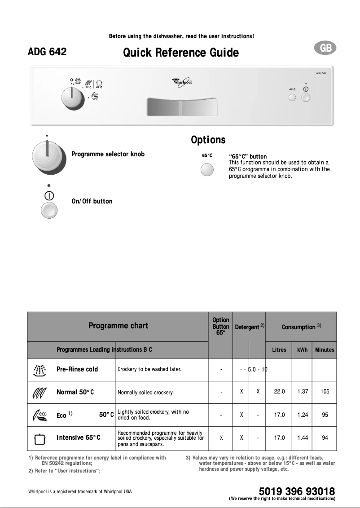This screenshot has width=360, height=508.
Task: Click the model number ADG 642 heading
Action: (47, 52)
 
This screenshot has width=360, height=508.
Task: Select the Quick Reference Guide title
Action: (181, 53)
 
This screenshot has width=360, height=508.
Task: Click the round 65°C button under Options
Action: (207, 171)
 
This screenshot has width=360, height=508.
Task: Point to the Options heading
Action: (208, 140)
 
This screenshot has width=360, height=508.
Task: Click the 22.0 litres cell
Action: (279, 392)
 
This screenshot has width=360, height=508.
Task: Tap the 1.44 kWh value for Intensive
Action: (303, 437)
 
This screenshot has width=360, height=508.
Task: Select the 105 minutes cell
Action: (325, 392)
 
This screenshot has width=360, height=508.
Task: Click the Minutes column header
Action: (325, 350)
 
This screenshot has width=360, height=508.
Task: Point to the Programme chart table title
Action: (118, 326)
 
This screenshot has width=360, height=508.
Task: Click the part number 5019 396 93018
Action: (297, 491)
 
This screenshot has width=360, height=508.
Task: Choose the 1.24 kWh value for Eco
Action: (303, 415)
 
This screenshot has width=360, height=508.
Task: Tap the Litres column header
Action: (279, 350)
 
